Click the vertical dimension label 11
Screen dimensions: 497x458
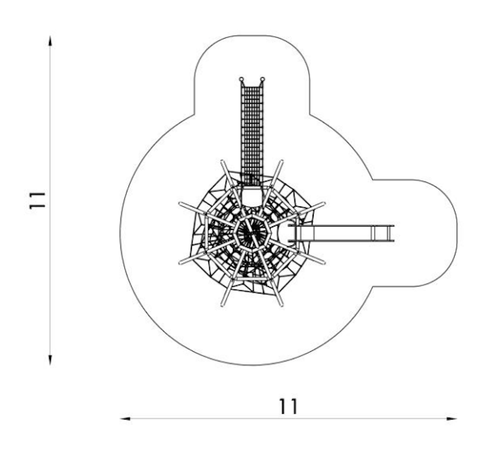37,200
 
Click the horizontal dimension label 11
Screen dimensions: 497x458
288,406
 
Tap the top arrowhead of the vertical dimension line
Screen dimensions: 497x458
50,41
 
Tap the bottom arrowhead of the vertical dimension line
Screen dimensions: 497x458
50,360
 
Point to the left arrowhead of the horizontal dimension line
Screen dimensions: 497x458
125,419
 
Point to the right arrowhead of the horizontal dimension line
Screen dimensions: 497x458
452,419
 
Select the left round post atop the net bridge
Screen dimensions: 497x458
241,79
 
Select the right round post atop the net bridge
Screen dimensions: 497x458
262,79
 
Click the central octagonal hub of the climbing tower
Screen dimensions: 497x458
252,233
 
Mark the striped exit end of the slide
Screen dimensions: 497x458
383,233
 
